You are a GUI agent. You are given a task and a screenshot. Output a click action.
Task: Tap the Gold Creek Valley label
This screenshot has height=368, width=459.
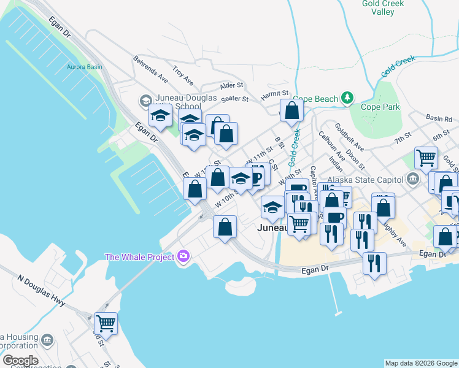(383, 7)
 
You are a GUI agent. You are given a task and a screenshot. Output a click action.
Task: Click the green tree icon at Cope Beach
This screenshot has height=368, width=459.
(347, 98)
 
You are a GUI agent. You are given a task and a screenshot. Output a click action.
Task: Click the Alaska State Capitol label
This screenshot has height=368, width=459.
(364, 180)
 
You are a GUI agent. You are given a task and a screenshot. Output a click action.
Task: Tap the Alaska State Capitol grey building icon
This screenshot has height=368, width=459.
(412, 180)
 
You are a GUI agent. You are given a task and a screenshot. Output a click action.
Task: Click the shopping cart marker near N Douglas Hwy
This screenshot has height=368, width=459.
(106, 323)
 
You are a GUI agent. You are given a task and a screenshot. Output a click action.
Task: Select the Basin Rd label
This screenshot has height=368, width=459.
(439, 117)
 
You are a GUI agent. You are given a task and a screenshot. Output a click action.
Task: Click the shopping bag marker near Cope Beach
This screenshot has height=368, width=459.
(292, 111)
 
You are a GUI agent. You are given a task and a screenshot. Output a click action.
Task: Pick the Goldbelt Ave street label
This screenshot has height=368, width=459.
(349, 137)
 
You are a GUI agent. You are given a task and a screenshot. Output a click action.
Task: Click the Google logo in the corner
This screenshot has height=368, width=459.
(20, 361)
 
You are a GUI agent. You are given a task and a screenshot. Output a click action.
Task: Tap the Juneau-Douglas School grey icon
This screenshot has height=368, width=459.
(145, 100)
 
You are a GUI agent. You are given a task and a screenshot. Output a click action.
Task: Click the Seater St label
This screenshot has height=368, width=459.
(234, 98)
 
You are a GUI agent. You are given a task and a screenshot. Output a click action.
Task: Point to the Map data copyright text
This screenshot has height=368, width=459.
(421, 363)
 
